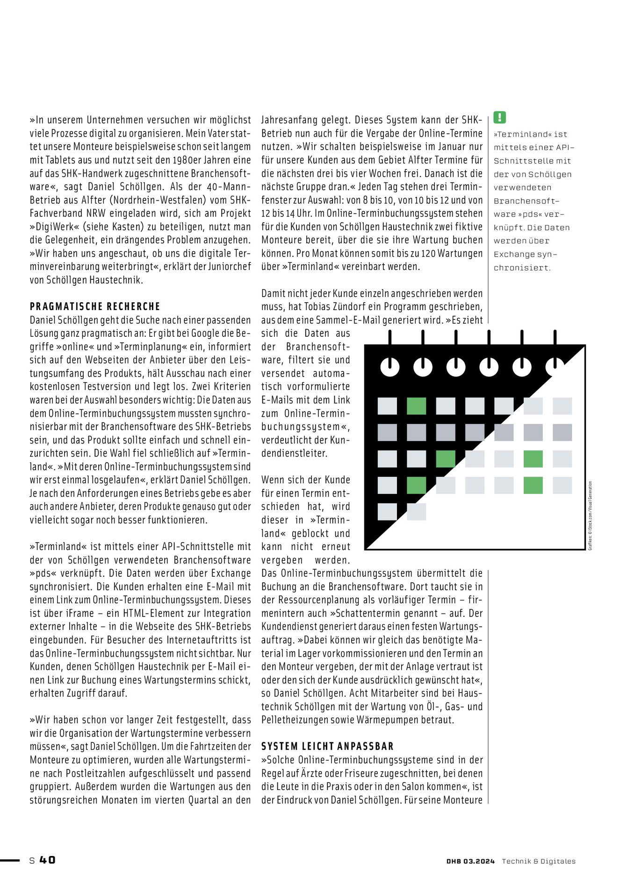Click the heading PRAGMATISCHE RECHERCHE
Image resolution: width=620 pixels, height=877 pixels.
coord(95,307)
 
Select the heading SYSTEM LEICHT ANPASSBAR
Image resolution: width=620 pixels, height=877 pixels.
coord(327,747)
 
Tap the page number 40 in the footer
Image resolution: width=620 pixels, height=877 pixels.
coord(47,860)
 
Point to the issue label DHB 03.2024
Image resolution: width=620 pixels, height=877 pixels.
coord(470,861)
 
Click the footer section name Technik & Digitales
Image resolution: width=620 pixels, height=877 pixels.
coord(539,861)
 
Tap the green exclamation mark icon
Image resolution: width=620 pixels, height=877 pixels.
coord(500,117)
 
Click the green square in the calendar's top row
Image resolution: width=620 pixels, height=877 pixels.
coord(416,406)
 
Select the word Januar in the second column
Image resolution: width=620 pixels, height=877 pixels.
coord(450,147)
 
